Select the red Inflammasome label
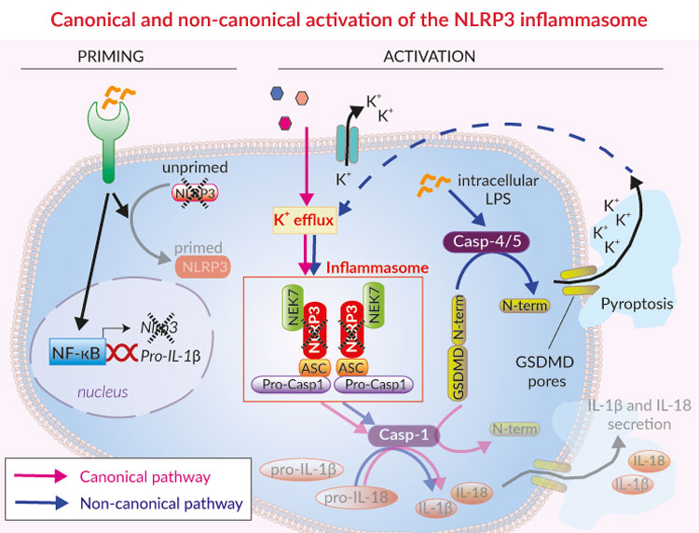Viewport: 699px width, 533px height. [x=377, y=268]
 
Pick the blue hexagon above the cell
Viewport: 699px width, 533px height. [x=277, y=92]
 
